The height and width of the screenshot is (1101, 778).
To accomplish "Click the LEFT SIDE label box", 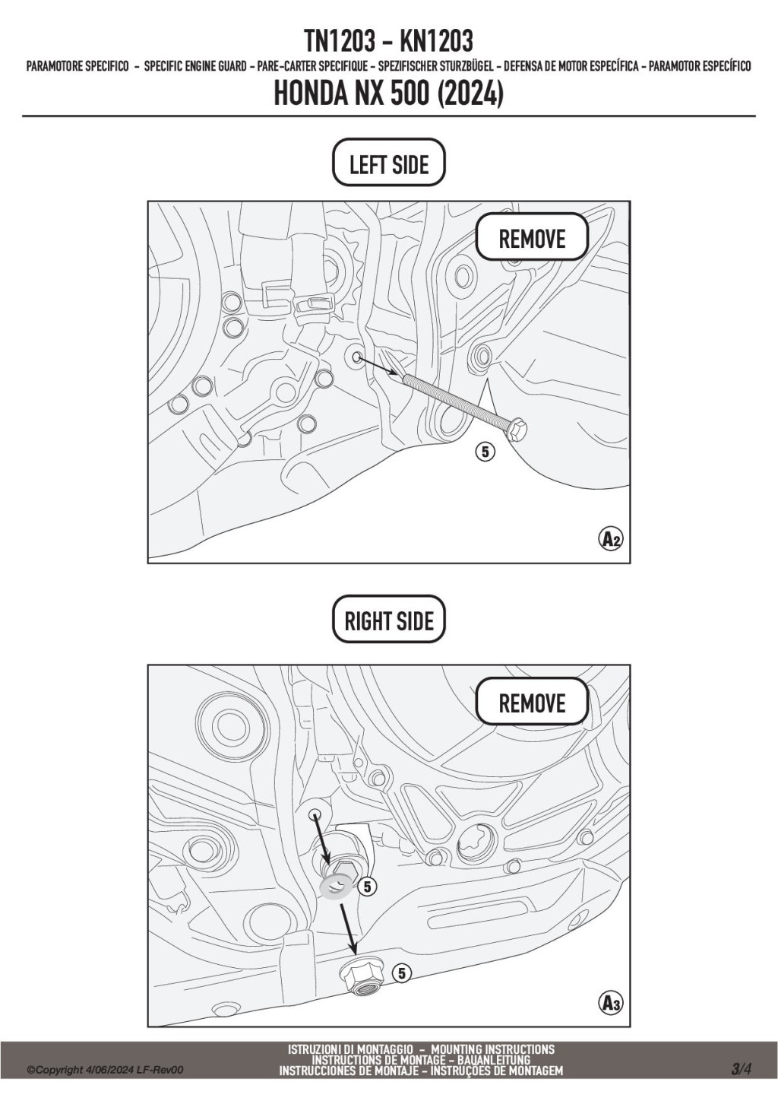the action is click(x=388, y=163).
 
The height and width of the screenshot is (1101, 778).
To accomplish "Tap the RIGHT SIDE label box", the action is click(x=388, y=620).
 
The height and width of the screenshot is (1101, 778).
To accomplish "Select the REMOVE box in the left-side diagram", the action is click(x=532, y=237).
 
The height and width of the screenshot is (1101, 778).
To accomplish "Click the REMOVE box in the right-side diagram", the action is click(x=532, y=701).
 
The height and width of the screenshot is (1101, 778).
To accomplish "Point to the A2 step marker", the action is click(x=611, y=539).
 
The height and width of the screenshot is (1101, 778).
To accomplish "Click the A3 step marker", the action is click(x=611, y=1003).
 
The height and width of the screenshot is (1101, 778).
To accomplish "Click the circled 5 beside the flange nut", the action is click(x=401, y=972).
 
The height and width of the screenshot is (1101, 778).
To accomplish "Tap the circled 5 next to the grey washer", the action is click(x=368, y=887).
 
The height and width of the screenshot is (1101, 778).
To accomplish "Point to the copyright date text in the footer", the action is click(x=105, y=1070).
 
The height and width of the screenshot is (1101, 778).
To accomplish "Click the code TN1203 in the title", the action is click(x=340, y=41).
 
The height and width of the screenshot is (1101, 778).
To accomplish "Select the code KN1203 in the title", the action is click(x=437, y=41).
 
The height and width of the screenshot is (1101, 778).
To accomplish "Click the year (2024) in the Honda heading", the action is click(x=470, y=94).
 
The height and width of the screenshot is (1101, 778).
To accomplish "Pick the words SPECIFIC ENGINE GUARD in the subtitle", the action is click(x=195, y=66).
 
